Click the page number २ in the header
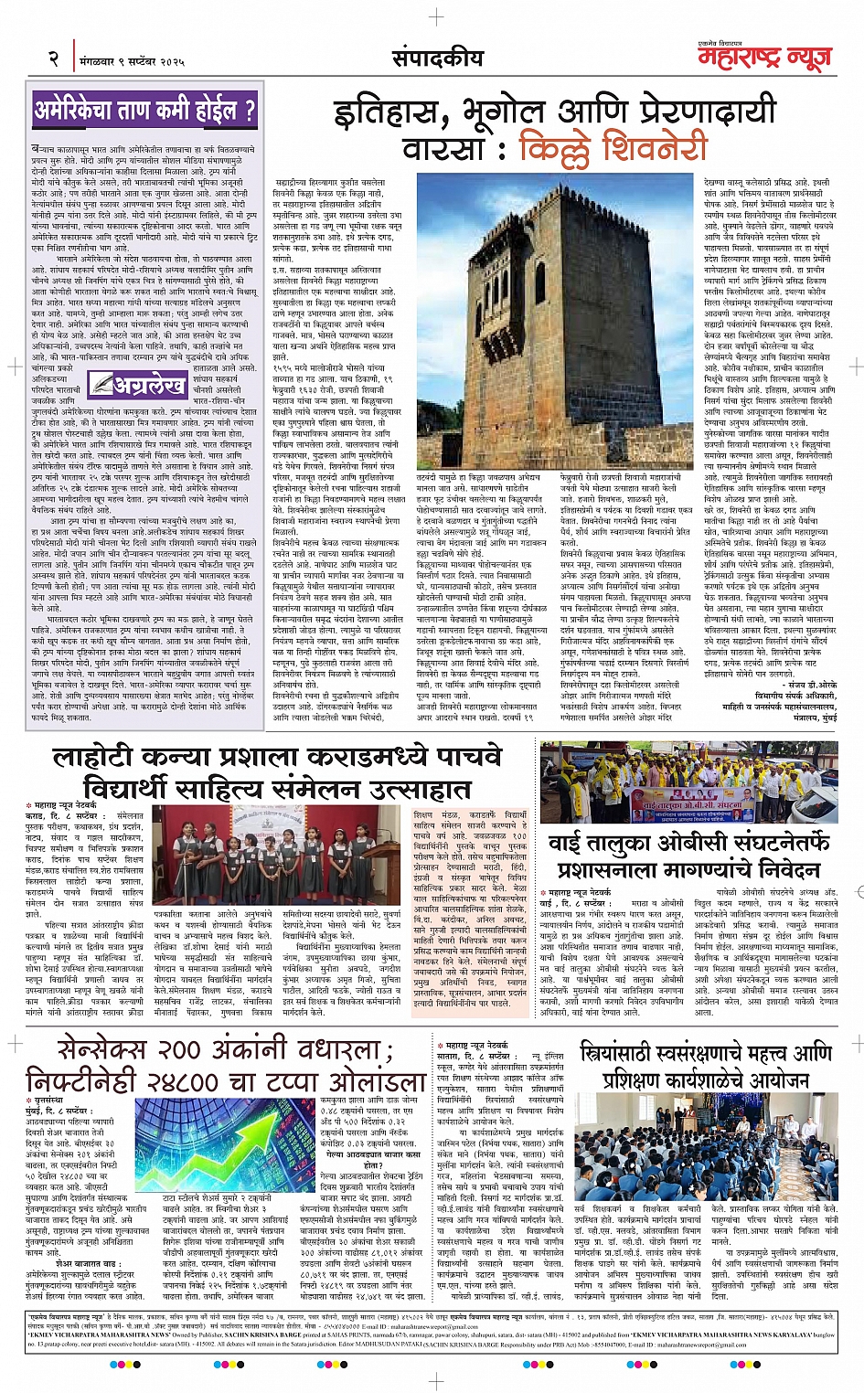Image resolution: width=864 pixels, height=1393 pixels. click(54, 59)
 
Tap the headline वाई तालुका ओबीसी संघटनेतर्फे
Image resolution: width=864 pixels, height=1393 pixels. click(688, 842)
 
